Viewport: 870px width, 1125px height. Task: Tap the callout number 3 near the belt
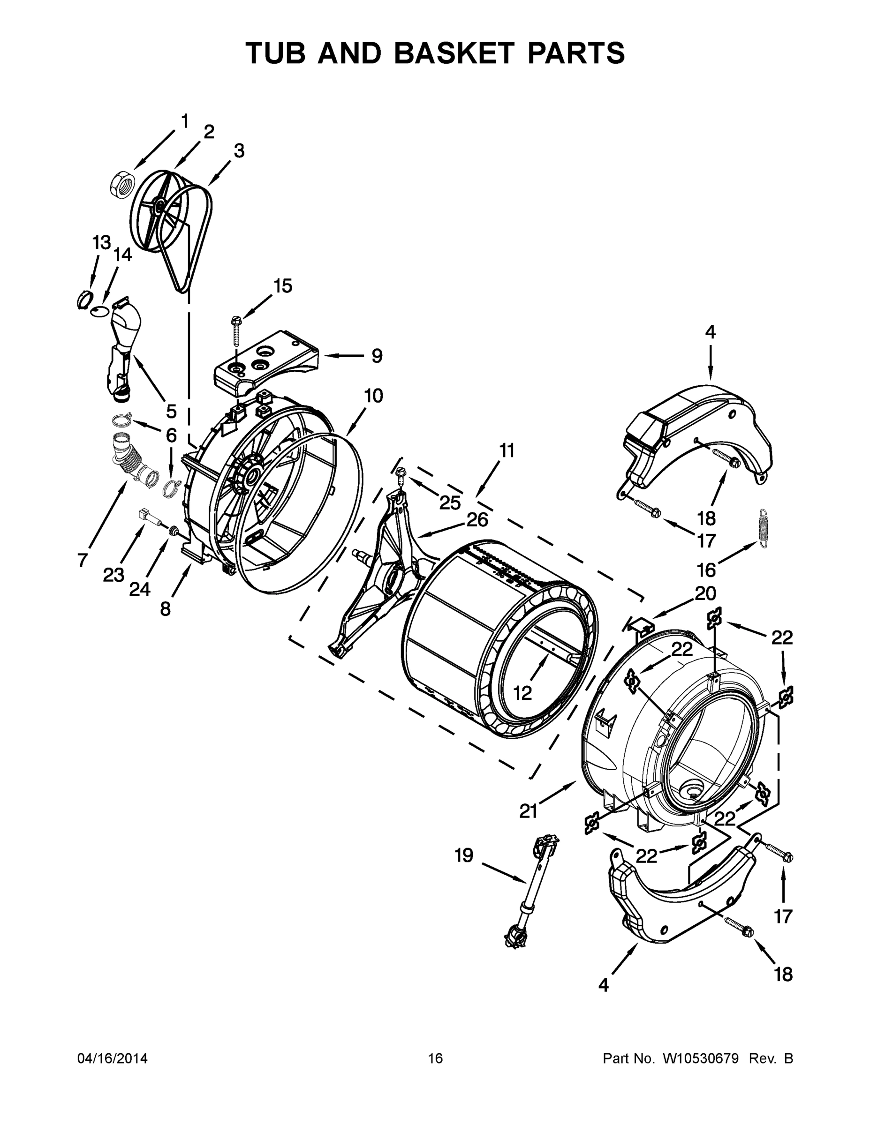tap(239, 151)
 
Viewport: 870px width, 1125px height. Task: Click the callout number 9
tap(377, 355)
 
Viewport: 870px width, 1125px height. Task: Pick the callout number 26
tap(477, 519)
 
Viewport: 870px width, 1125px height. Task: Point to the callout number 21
tap(528, 811)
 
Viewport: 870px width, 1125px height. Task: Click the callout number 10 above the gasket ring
tap(373, 396)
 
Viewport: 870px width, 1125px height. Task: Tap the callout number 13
tap(101, 242)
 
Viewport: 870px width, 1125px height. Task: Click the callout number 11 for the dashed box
tap(507, 451)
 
